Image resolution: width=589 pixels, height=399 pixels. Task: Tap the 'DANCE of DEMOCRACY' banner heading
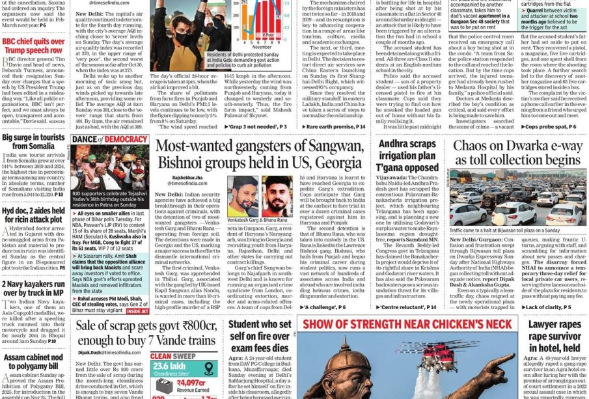[x=109, y=139]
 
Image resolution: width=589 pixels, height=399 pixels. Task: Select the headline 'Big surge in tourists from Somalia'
[x=34, y=143]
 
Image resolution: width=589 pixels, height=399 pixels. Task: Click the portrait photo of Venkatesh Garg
[x=243, y=196]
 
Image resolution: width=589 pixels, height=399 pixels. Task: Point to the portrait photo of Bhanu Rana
[x=277, y=196]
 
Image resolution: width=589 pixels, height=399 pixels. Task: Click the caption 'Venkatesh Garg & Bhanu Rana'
[x=260, y=221]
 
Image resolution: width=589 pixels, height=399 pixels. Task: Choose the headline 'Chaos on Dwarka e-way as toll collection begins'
[x=518, y=152]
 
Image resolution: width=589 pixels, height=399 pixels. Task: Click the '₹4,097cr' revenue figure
[x=191, y=383]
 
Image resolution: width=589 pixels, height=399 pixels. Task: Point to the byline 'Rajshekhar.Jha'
[x=187, y=176]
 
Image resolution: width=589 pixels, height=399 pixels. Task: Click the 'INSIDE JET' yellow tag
[x=137, y=311]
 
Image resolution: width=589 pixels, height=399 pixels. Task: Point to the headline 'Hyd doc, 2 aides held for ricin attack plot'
[x=34, y=215]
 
